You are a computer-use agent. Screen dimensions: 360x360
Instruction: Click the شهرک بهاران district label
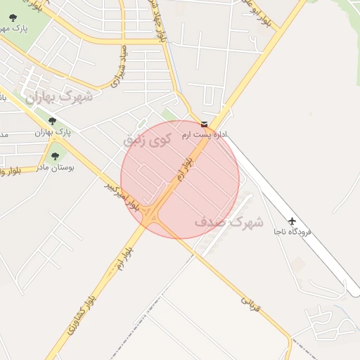pyautogui.click(x=60, y=97)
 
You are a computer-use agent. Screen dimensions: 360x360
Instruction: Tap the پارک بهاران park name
pyautogui.click(x=53, y=132)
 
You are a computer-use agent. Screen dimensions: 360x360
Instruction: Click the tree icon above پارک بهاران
pyautogui.click(x=52, y=121)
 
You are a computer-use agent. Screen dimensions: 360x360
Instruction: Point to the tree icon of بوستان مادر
pyautogui.click(x=55, y=157)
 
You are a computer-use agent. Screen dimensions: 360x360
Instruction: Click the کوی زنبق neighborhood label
pyautogui.click(x=147, y=139)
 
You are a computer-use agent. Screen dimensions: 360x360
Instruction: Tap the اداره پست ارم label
pyautogui.click(x=206, y=134)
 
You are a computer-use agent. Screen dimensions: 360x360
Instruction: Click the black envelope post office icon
pyautogui.click(x=204, y=124)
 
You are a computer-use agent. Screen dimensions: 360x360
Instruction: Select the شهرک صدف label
pyautogui.click(x=229, y=223)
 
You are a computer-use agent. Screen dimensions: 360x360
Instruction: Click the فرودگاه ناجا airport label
pyautogui.click(x=293, y=231)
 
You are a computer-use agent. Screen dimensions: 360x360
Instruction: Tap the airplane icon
pyautogui.click(x=292, y=219)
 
